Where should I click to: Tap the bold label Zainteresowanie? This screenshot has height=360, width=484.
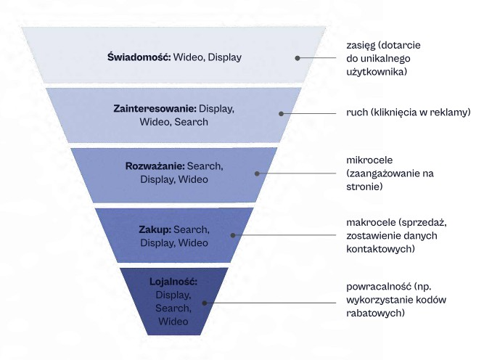tap(155, 108)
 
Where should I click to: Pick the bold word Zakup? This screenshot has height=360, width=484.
tap(154, 229)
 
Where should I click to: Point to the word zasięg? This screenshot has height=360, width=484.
tap(361, 44)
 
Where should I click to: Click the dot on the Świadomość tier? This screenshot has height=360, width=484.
tap(297, 57)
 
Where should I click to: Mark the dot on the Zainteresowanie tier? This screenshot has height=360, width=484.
tap(282, 112)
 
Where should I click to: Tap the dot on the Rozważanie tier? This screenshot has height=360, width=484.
tap(256, 173)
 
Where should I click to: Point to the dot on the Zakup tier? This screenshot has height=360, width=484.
tap(231, 235)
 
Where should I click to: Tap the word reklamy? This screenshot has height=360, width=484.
tap(451, 112)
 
